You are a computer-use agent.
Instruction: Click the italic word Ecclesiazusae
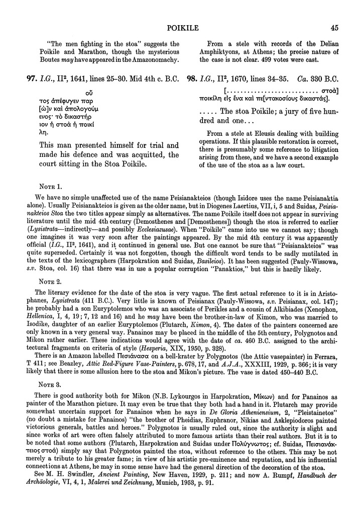(x=159, y=228)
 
